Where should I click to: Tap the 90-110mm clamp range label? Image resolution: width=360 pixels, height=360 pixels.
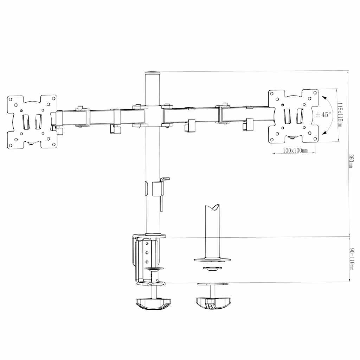click(351, 259)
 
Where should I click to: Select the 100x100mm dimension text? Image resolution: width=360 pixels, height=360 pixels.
click(295, 150)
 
